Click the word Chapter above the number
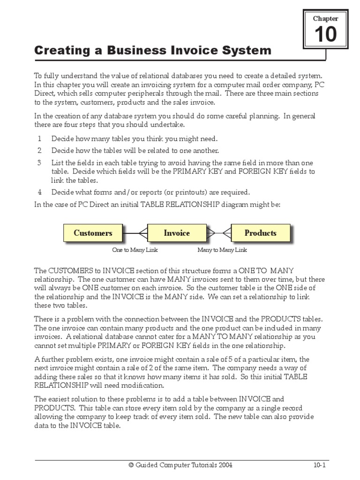pos(325,18)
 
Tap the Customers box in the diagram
pos(93,233)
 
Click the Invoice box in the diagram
pos(177,233)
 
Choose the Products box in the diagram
pos(260,233)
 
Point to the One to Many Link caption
pos(135,250)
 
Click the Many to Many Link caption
pos(222,250)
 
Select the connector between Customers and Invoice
pos(135,233)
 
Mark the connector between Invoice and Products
pos(219,233)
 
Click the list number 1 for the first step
pos(40,139)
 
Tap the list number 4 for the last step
pos(40,192)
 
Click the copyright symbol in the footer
pos(131,465)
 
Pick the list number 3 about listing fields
pos(40,163)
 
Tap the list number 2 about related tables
pos(40,151)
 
